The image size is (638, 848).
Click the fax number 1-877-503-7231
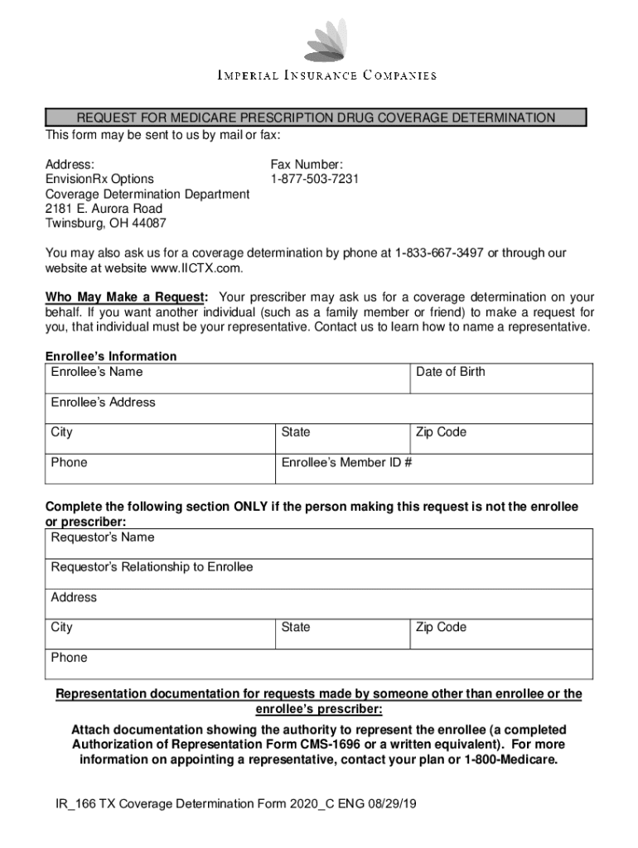pyautogui.click(x=314, y=179)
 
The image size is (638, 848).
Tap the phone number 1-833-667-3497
pyautogui.click(x=439, y=253)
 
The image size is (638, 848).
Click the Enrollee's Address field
pyautogui.click(x=318, y=408)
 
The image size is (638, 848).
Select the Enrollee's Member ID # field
pyautogui.click(x=433, y=469)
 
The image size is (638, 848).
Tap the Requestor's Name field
pyautogui.click(x=318, y=544)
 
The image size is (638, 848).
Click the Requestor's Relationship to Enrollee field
pyautogui.click(x=318, y=574)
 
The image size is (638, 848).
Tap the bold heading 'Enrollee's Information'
pyautogui.click(x=110, y=356)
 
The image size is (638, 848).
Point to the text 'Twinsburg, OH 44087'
pyautogui.click(x=105, y=224)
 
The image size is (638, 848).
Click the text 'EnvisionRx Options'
pyautogui.click(x=99, y=179)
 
